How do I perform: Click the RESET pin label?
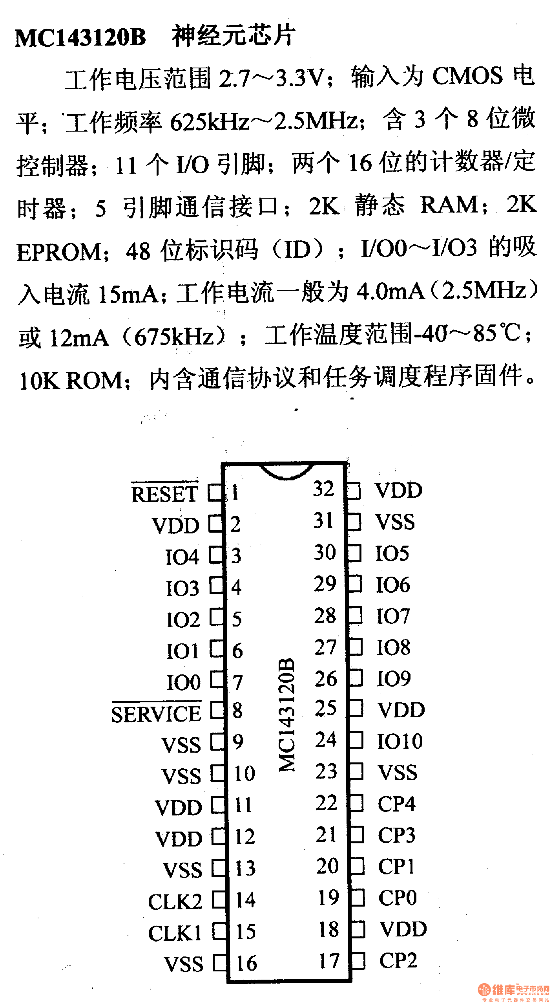click(165, 493)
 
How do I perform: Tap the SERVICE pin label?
click(156, 713)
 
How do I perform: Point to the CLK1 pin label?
click(175, 933)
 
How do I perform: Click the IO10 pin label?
click(400, 741)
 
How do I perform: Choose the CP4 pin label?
click(396, 804)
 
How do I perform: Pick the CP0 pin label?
click(397, 898)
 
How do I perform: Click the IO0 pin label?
click(184, 682)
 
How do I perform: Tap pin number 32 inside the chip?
click(324, 489)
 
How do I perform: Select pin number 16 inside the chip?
click(246, 963)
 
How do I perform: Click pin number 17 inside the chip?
click(329, 961)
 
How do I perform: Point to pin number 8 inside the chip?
click(237, 710)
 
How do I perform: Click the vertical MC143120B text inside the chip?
click(287, 715)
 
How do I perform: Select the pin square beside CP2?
click(358, 961)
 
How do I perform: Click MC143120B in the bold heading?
click(80, 38)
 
